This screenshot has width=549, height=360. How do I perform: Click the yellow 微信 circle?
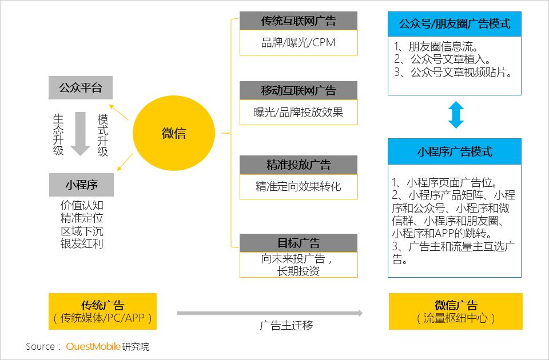[x=174, y=133]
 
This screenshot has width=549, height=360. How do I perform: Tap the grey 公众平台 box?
[x=81, y=87]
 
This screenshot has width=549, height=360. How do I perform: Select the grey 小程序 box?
[x=81, y=185]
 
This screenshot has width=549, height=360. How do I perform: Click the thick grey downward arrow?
[x=81, y=134]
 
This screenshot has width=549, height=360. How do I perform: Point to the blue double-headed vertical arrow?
[x=456, y=115]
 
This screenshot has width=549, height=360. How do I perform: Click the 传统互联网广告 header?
[x=299, y=21]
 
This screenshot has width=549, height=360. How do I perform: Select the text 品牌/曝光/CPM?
[x=299, y=43]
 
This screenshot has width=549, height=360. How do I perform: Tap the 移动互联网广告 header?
[x=299, y=90]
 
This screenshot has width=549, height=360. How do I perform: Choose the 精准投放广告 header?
[x=299, y=165]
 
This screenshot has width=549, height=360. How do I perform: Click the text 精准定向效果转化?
[x=299, y=186]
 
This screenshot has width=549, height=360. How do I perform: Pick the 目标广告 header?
[x=299, y=243]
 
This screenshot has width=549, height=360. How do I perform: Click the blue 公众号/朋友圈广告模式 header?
[x=455, y=24]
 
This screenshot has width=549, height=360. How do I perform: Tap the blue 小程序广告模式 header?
[x=455, y=151]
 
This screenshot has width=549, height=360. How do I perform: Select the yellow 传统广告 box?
[x=102, y=311]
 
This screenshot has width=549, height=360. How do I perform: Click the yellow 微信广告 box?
[x=456, y=311]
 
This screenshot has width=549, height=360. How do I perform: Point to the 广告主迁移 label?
[x=287, y=325]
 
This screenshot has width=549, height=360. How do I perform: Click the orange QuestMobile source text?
[x=93, y=346]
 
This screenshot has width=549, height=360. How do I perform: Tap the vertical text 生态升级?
[x=58, y=135]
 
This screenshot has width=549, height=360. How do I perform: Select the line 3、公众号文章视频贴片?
[x=453, y=72]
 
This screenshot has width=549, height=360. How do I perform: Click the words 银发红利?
[x=82, y=243]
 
